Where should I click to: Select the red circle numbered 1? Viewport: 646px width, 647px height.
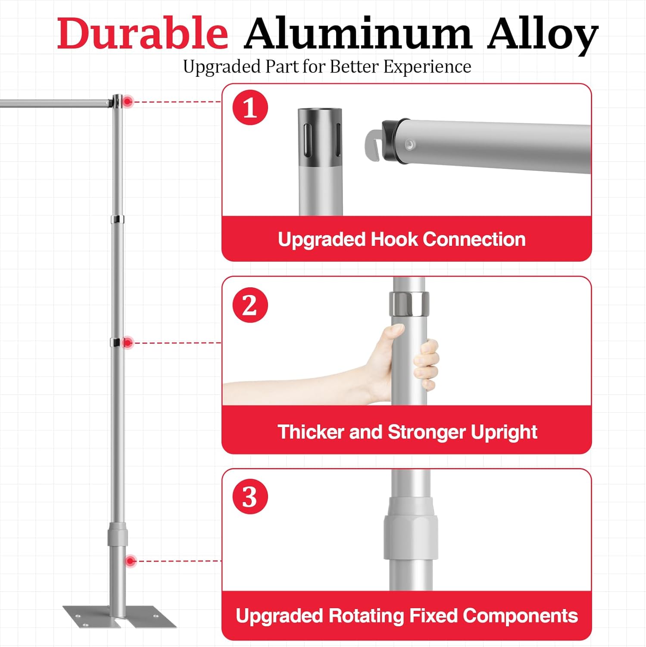click(250, 108)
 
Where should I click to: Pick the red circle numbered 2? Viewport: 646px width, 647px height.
click(250, 305)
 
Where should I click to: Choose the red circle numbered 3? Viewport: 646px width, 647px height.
click(250, 496)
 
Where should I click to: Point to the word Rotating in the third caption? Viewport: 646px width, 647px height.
click(365, 616)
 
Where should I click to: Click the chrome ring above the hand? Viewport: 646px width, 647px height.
click(409, 303)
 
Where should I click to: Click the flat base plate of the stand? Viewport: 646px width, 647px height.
click(120, 616)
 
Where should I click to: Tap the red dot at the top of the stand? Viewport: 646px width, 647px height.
click(128, 102)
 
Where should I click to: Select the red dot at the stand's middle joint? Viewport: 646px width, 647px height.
click(128, 343)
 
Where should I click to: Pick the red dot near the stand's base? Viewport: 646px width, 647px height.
click(131, 561)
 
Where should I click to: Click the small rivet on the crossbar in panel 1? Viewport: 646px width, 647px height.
click(410, 144)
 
